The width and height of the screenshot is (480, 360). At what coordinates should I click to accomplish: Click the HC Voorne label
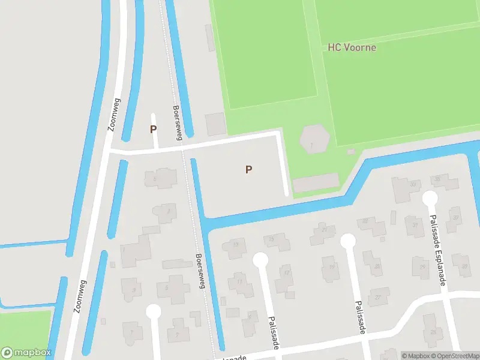click(352, 47)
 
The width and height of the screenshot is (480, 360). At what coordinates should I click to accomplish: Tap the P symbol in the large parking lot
click(248, 170)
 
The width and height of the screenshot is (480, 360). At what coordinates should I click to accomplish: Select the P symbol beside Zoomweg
click(153, 129)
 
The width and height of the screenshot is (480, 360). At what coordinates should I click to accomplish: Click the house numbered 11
click(240, 282)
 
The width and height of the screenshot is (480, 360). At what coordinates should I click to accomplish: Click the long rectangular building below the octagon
click(316, 183)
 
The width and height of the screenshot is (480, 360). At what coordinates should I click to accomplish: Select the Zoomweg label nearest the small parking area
click(114, 115)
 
